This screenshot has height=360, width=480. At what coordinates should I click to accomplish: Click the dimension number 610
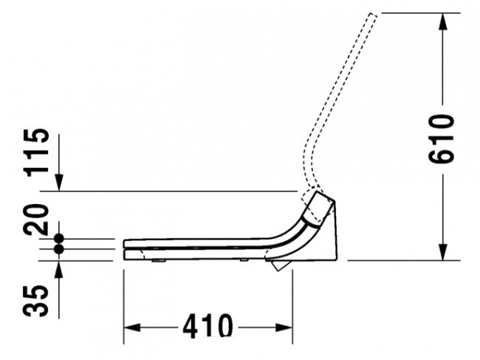click(441, 139)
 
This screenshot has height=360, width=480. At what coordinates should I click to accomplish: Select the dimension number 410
click(208, 326)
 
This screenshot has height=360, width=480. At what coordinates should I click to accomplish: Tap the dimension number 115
click(37, 152)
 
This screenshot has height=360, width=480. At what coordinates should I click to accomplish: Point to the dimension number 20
click(36, 220)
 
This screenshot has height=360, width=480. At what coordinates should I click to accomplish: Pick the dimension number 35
click(35, 301)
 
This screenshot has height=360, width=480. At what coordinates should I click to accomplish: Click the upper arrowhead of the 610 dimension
click(442, 21)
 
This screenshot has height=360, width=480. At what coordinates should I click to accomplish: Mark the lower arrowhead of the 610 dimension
click(442, 252)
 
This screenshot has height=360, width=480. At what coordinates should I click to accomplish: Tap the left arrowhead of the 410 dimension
click(132, 327)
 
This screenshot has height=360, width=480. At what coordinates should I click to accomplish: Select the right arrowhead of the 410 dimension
click(284, 327)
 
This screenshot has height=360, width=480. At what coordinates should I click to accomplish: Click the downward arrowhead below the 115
click(59, 183)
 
